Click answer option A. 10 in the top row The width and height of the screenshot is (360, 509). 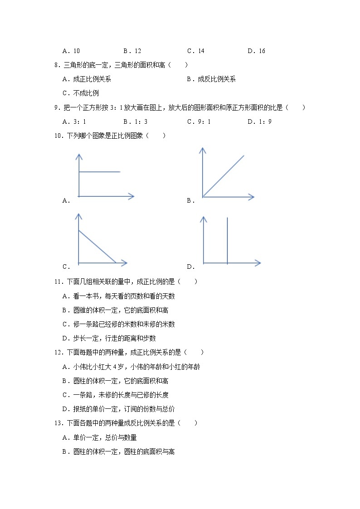coord(71,51)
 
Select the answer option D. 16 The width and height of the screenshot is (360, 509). coord(256,51)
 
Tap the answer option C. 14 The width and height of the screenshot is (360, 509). coord(195,51)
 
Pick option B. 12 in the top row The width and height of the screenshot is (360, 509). coord(132,51)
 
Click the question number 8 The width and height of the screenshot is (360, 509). coord(57,65)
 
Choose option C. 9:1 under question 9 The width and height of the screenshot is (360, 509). coord(199,121)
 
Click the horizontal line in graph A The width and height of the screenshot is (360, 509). coord(100,172)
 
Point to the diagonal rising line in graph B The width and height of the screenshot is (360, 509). coord(224,176)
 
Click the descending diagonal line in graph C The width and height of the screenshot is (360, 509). coord(97,247)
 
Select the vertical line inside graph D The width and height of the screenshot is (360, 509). coord(227,240)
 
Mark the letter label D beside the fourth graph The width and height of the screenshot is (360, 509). coord(190,267)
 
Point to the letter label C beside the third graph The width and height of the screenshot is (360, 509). coord(66,267)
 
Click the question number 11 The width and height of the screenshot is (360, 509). coord(58,282)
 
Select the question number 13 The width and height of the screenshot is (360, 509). coord(58,423)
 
